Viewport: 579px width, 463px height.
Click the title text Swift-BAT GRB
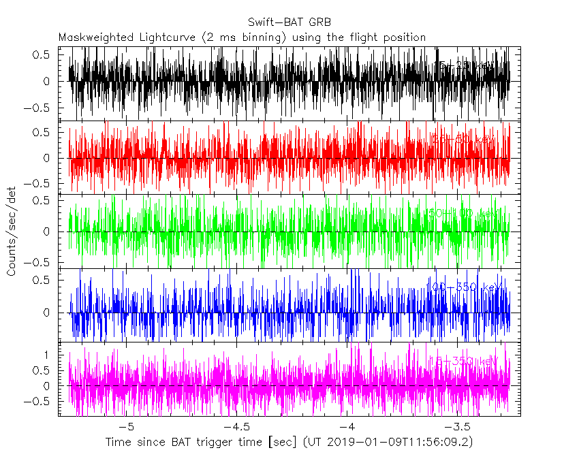(289, 23)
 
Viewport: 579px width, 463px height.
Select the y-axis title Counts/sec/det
(12, 232)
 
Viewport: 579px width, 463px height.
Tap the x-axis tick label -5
(127, 427)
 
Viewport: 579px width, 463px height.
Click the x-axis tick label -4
(347, 427)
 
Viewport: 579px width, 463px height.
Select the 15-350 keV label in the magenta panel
(463, 360)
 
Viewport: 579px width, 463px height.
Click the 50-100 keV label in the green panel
(460, 213)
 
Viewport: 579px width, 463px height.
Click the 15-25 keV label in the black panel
(463, 65)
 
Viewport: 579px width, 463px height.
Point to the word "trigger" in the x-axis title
(230, 443)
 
